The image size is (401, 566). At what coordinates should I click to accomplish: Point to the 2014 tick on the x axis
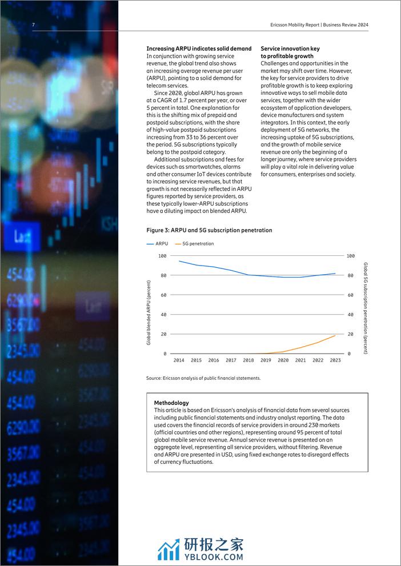pos(179,360)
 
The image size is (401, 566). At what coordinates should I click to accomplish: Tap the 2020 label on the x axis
pos(283,360)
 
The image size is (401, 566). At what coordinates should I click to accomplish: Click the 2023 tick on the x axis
pos(335,360)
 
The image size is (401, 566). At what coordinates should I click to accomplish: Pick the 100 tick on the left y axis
pos(162,256)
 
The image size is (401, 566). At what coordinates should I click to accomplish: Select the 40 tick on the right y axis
pos(351,315)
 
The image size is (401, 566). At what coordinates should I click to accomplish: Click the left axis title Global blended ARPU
pos(149,312)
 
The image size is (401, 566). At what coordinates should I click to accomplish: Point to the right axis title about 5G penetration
pos(366,308)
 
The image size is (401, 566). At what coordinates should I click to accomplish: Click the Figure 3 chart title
pos(209,230)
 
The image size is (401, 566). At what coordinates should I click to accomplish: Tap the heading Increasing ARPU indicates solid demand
pos(199,49)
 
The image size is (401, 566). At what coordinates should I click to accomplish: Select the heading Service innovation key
pos(291,49)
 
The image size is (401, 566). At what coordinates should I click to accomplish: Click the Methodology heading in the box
pos(171,403)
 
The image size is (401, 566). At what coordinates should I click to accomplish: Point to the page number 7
pos(33,25)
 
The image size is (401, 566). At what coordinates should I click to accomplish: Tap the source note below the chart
pos(203,378)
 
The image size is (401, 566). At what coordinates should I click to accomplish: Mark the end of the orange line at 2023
pos(335,335)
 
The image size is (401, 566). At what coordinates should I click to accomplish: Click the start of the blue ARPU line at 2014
pos(179,261)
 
